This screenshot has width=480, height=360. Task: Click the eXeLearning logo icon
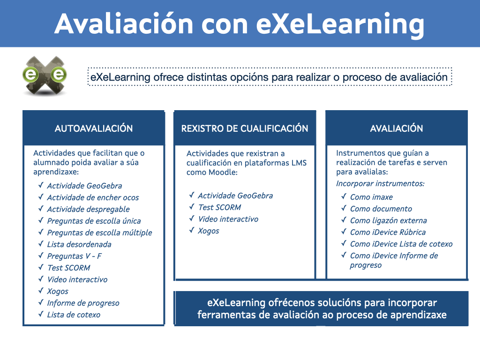tap(45, 75)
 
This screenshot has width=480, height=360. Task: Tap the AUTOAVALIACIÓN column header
tap(94, 128)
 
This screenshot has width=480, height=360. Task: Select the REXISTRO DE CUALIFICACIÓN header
tap(245, 128)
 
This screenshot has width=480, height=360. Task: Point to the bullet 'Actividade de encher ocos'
tap(93, 197)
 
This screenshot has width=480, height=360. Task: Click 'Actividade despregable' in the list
tap(88, 209)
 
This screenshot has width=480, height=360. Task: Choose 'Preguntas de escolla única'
tap(94, 221)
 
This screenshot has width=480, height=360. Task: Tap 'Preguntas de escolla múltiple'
tap(99, 232)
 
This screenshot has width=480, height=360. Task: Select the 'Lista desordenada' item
tap(79, 244)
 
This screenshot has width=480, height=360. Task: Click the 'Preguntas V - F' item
tap(74, 256)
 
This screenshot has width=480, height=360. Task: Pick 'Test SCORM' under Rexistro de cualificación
tap(219, 207)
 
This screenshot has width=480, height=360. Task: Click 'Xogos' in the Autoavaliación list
tap(58, 291)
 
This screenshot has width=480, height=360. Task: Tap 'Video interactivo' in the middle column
tap(228, 219)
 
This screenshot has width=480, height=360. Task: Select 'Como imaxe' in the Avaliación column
tap(371, 197)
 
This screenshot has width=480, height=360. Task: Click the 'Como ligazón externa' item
tap(388, 220)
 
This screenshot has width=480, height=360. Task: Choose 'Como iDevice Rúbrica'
tap(388, 232)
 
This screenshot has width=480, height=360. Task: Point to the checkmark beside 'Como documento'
tap(344, 208)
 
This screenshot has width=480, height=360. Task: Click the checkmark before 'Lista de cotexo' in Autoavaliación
tap(41, 314)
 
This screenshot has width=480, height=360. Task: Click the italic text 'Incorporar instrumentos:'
tap(380, 183)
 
